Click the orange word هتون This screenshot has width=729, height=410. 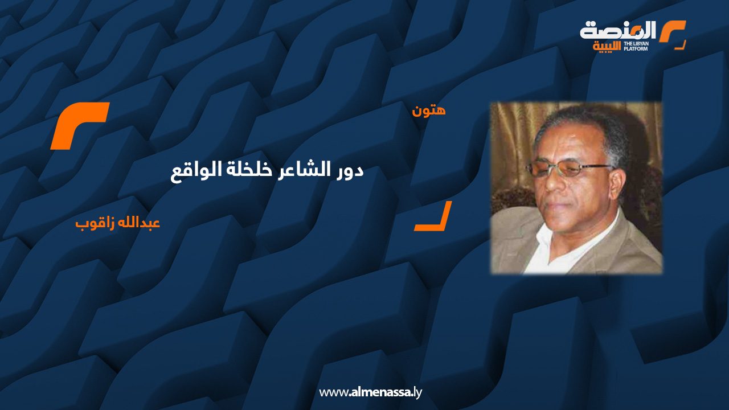[429, 110]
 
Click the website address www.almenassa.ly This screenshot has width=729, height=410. [370, 392]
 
